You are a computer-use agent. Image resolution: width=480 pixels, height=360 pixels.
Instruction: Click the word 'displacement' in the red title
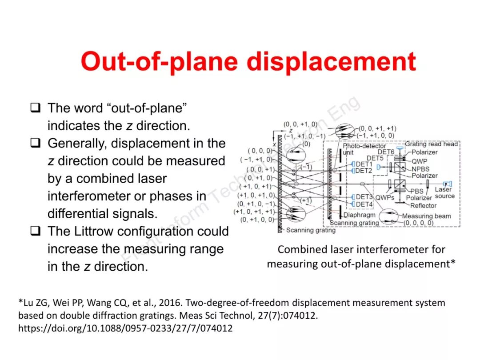click(x=332, y=62)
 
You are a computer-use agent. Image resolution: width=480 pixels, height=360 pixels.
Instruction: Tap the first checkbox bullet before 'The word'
click(x=36, y=108)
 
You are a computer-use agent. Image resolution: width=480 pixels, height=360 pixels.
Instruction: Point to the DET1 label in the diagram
click(x=364, y=164)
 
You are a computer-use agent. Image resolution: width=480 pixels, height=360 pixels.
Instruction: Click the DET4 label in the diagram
click(x=364, y=204)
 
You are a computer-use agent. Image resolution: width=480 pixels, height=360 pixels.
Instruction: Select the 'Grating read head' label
click(x=431, y=144)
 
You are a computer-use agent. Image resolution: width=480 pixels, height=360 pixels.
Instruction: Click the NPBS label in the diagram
click(x=420, y=168)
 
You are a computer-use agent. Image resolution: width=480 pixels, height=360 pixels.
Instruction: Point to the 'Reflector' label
click(x=423, y=205)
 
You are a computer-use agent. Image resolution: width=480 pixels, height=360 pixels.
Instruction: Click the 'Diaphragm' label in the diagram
click(x=359, y=215)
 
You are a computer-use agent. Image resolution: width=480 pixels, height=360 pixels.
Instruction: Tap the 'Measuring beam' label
click(x=426, y=216)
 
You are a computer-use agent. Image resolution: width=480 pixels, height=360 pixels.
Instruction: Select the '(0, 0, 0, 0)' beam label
click(x=419, y=223)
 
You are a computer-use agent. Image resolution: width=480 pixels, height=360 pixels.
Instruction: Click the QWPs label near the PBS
click(x=385, y=197)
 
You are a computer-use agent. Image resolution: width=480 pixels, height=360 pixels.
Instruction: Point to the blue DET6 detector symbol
click(x=400, y=148)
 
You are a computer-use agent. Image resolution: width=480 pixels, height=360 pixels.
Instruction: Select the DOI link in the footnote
click(x=125, y=328)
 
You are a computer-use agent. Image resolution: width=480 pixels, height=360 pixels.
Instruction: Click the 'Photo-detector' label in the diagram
click(x=364, y=146)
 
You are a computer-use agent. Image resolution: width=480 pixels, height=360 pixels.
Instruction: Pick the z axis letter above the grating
click(x=291, y=131)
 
